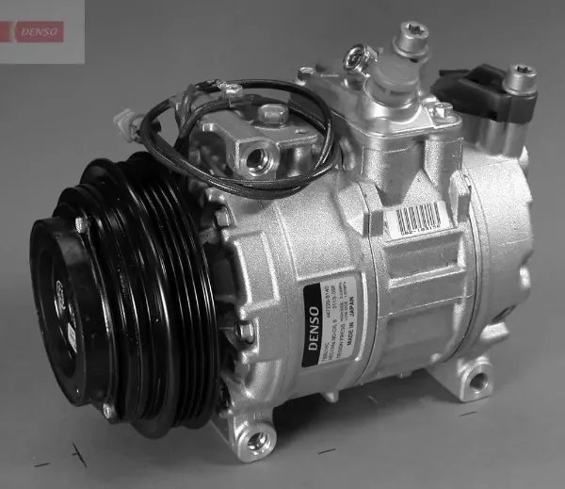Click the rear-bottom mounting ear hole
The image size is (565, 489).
click(479, 381)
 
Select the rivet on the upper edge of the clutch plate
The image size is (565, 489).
click(82, 224)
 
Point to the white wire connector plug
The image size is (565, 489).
click(124, 122)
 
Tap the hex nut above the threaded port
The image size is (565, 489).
click(274, 114)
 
